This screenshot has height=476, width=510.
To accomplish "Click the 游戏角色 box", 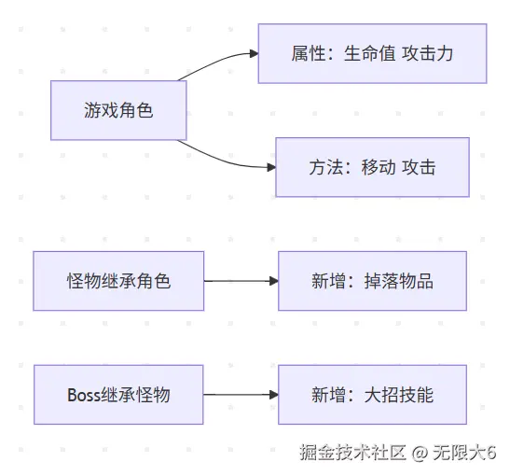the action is coord(118,110).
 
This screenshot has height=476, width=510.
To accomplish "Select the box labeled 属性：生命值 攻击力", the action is coord(372,53).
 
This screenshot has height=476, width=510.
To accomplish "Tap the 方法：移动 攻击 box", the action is coord(372,167).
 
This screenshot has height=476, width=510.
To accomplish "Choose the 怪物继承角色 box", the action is coord(118,281).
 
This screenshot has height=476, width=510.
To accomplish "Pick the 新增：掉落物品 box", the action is coord(372,281).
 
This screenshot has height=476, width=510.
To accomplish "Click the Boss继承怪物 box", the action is coord(118,395).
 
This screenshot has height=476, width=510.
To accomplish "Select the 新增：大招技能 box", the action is coord(372,395).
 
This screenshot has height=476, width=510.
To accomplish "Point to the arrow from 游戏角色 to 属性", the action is coord(217,62).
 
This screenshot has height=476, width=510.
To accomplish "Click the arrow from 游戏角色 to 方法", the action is coord(225,161).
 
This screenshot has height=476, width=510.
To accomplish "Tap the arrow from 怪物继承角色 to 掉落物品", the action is coord(241,281).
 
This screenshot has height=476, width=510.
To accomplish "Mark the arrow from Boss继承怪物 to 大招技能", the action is coord(241,395).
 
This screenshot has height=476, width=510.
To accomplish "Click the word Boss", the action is coord(84,395).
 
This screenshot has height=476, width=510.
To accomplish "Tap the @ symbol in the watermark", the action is coord(420,453).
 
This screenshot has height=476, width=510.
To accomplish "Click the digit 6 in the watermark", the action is coord(491,453).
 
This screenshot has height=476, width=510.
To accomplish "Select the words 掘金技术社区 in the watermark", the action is coord(353,453).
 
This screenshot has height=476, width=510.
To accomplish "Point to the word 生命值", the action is coord(370,54).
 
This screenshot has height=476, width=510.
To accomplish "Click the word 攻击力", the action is coord(427,54).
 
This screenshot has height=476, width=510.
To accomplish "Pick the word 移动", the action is coord(379,167).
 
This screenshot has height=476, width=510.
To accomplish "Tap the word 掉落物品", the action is coord(399,281).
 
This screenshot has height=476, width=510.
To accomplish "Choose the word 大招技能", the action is coord(399,395).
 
